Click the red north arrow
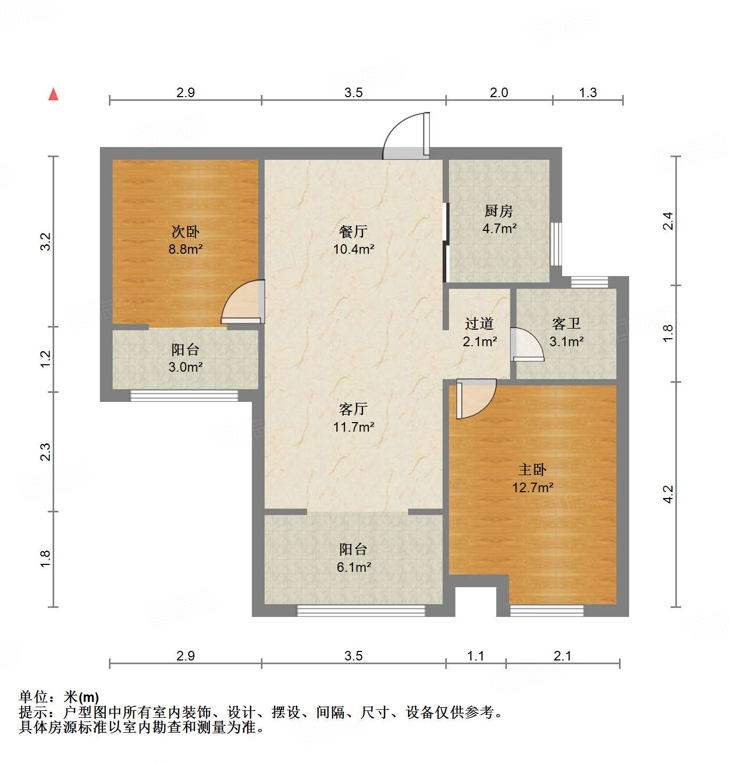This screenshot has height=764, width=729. [x=53, y=94]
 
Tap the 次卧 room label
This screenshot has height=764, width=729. [x=185, y=231]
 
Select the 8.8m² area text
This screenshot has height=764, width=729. [x=185, y=248]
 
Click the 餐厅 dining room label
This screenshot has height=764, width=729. [x=353, y=231]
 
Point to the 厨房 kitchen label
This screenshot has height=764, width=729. [x=499, y=211]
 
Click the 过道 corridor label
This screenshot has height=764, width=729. [x=479, y=323]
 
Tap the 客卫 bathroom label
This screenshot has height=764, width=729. [x=566, y=323]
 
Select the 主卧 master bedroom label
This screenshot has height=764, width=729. [x=532, y=469]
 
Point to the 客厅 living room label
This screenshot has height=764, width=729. [x=353, y=409]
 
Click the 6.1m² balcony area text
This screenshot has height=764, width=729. [x=354, y=567]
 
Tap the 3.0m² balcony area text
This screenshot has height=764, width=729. [x=185, y=367]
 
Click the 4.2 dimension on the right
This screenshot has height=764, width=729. [x=668, y=494]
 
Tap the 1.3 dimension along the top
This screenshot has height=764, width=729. [x=588, y=93]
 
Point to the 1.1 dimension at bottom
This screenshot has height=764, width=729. [x=476, y=656]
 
